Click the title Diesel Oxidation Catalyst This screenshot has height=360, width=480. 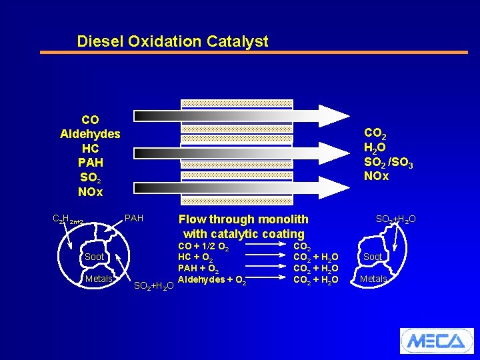point(173,41)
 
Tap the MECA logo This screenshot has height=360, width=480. point(436,341)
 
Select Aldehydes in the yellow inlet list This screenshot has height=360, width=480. point(90,134)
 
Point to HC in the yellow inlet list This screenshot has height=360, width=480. point(90,148)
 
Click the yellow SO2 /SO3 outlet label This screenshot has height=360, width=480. point(388,162)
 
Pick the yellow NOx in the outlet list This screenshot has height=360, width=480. point(377,177)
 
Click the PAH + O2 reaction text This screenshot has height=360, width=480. point(199,269)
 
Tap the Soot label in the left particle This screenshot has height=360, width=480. point(94,257)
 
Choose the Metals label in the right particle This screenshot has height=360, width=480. point(373,279)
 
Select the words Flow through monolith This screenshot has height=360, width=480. point(243,219)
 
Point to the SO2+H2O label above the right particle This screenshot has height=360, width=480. point(396,219)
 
